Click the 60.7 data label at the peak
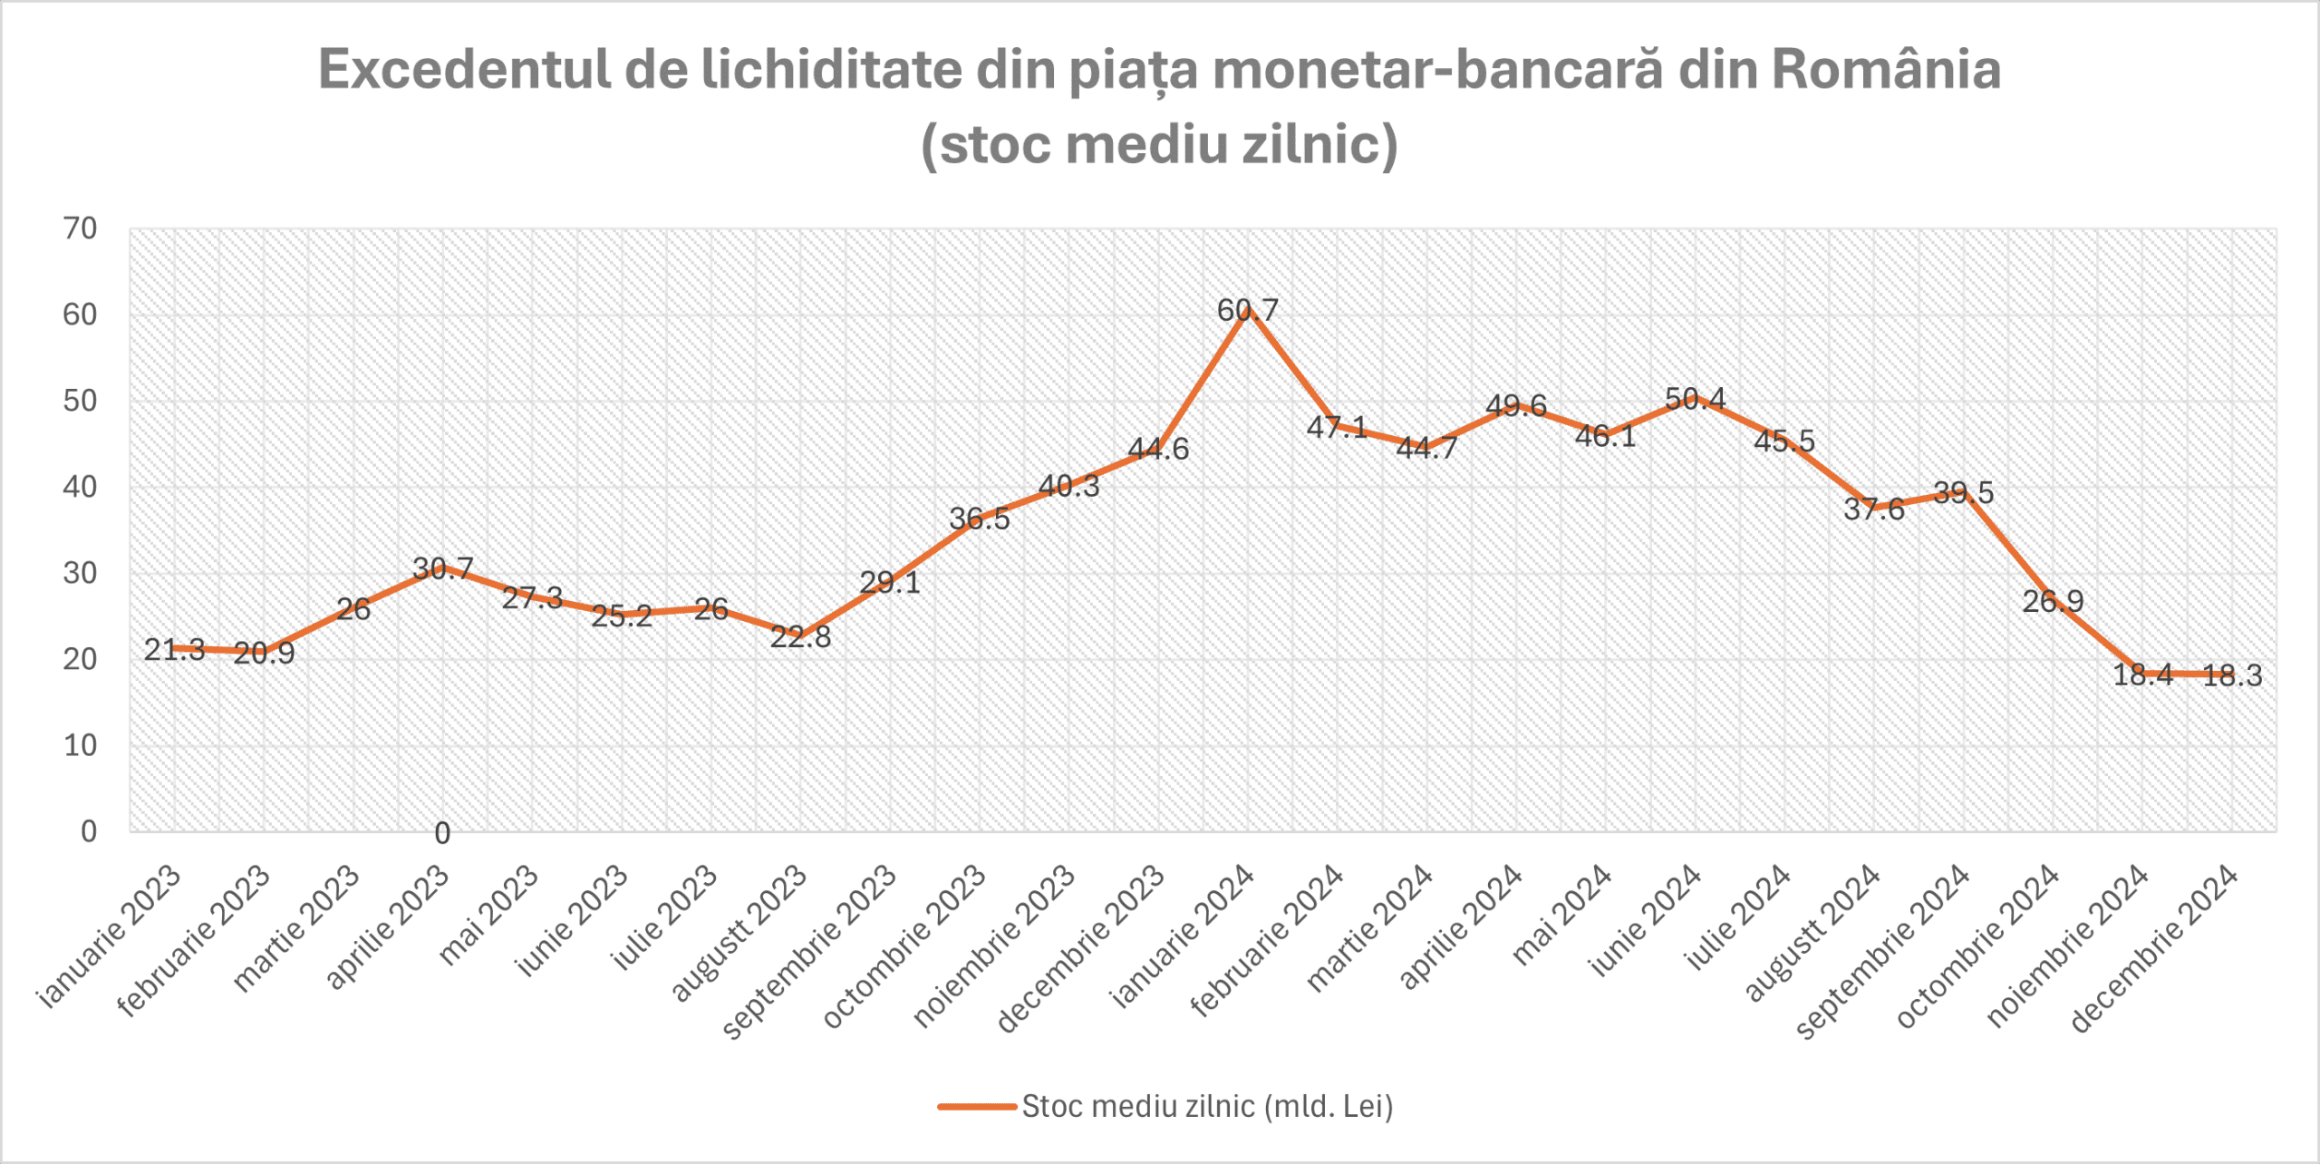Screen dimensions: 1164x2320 coord(1247,311)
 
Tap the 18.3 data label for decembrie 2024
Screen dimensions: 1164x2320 coord(2231,675)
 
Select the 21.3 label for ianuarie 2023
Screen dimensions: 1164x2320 coord(174,649)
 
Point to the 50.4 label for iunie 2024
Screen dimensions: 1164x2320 coord(1695,399)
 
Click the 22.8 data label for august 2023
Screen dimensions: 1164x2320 coord(800,636)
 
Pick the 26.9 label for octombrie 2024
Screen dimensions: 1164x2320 coord(2053,601)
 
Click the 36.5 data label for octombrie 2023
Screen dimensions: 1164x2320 coord(979,519)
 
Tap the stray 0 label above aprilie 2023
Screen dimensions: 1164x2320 coord(442,833)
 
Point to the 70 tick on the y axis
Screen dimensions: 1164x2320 coord(80,228)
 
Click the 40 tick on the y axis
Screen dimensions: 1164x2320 coord(80,487)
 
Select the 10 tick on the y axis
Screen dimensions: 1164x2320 coord(80,745)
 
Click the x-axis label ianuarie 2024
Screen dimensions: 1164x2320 coord(1183,936)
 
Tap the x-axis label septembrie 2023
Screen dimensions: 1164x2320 coord(809,952)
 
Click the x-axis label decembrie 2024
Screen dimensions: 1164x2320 coord(2154,948)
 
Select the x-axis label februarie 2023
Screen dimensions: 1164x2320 coord(194,940)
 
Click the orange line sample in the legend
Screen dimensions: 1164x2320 coord(976,1107)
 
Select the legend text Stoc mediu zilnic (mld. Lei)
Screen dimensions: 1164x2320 coord(1207,1107)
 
